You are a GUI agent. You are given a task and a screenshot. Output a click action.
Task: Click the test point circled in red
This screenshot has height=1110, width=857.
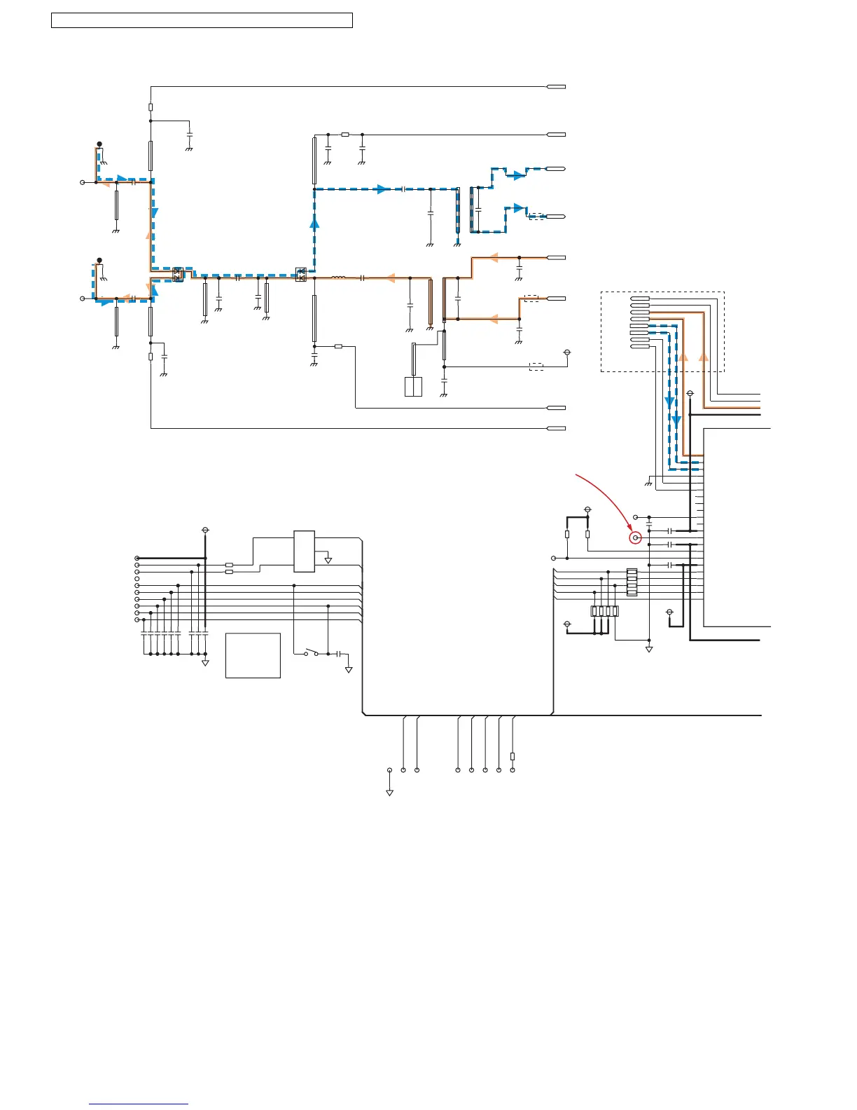pyautogui.click(x=636, y=538)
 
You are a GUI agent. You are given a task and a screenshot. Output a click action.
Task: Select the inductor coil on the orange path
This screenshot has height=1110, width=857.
pyautogui.click(x=338, y=278)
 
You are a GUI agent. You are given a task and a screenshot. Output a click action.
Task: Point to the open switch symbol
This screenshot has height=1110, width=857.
pyautogui.click(x=310, y=654)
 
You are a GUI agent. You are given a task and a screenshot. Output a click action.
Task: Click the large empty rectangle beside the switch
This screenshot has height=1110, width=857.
pyautogui.click(x=253, y=655)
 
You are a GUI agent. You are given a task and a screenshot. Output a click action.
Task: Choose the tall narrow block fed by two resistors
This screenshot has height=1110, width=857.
pyautogui.click(x=304, y=551)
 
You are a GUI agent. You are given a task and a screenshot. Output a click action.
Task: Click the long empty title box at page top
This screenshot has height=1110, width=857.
pyautogui.click(x=202, y=20)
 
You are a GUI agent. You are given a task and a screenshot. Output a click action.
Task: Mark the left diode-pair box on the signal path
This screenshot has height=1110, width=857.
pyautogui.click(x=177, y=274)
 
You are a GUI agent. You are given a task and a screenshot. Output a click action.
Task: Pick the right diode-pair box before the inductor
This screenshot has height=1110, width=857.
pyautogui.click(x=301, y=274)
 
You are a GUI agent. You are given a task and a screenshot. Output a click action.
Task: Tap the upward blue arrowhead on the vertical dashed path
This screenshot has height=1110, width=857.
pyautogui.click(x=314, y=224)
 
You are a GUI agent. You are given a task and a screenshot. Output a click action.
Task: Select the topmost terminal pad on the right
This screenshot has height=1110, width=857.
pyautogui.click(x=556, y=87)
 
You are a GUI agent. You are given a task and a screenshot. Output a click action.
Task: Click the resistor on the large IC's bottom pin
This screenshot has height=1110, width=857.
pyautogui.click(x=513, y=756)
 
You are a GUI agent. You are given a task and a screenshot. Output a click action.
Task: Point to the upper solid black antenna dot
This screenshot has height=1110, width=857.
pyautogui.click(x=99, y=144)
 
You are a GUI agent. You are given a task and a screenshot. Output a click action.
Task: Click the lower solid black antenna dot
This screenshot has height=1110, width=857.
pyautogui.click(x=99, y=261)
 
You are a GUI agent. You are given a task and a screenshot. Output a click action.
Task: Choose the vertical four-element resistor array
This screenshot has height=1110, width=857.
pyautogui.click(x=632, y=582)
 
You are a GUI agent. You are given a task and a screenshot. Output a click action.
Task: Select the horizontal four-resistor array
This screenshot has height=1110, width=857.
pyautogui.click(x=605, y=611)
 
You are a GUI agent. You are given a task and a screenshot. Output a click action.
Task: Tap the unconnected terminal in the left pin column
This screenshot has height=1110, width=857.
pyautogui.click(x=137, y=579)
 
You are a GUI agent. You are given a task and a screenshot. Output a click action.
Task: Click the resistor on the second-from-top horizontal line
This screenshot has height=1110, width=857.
pyautogui.click(x=344, y=135)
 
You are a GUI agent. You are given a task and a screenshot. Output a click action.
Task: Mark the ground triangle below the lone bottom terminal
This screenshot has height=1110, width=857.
pyautogui.click(x=389, y=793)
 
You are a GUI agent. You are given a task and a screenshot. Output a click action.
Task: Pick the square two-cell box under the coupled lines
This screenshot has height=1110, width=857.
pyautogui.click(x=413, y=387)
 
